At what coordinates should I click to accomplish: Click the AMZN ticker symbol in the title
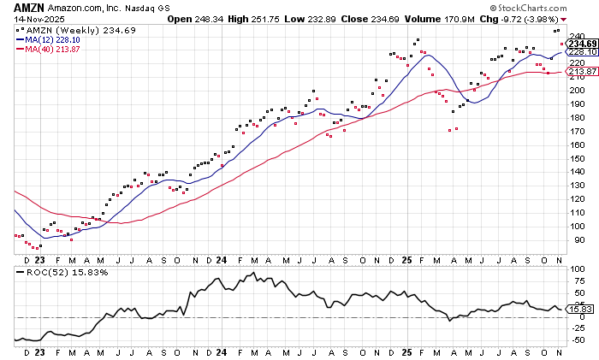click(x=28, y=6)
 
